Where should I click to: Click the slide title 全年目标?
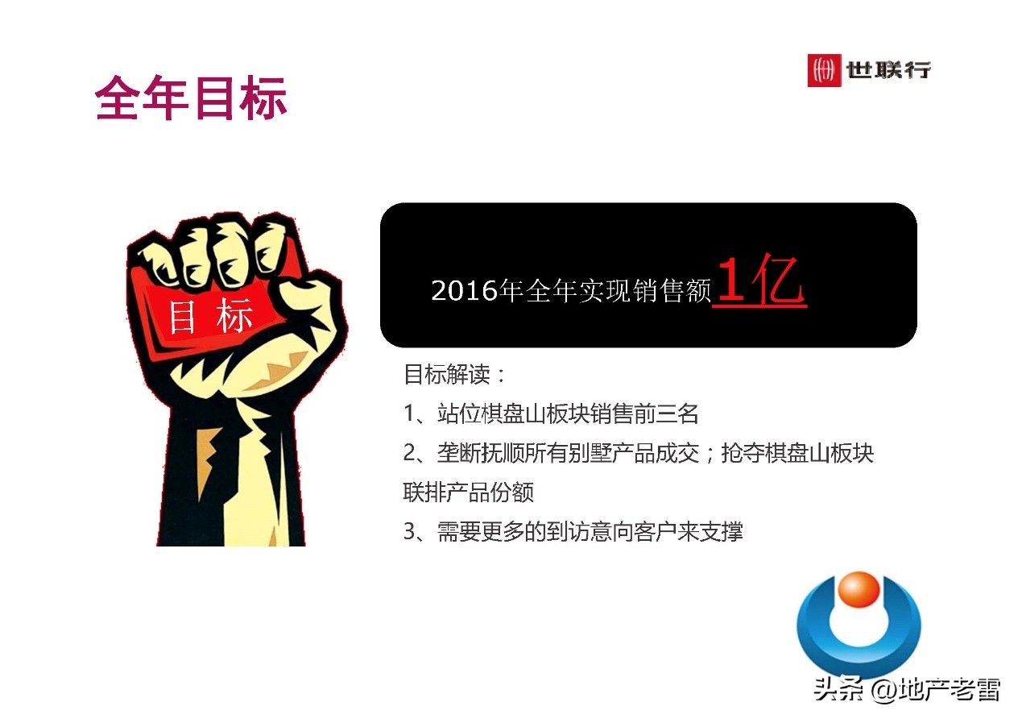pyautogui.click(x=191, y=99)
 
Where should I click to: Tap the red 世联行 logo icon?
pyautogui.click(x=822, y=70)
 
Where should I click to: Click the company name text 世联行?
pyautogui.click(x=888, y=70)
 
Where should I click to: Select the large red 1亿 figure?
pyautogui.click(x=759, y=283)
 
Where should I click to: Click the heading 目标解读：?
pyautogui.click(x=455, y=375)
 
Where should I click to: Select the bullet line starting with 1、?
pyautogui.click(x=551, y=414)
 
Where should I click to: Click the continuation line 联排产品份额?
pyautogui.click(x=468, y=492)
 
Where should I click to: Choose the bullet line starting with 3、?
pyautogui.click(x=573, y=532)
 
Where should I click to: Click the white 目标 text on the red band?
pyautogui.click(x=210, y=317)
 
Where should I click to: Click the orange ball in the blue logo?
pyautogui.click(x=859, y=590)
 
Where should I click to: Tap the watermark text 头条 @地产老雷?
pyautogui.click(x=906, y=690)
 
